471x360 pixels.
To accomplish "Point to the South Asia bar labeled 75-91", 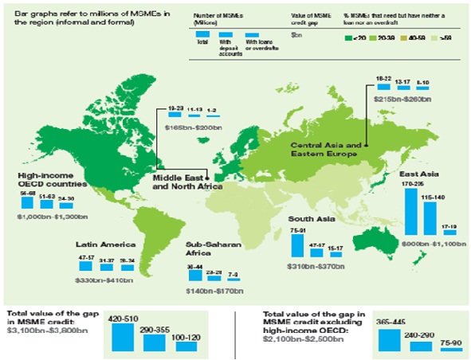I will tap(298, 244).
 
